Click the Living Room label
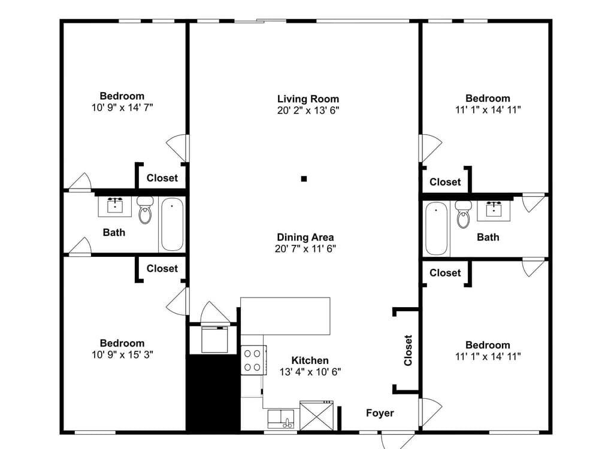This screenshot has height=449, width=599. [308, 99]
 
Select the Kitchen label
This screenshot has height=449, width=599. [310, 360]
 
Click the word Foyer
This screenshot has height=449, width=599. [380, 413]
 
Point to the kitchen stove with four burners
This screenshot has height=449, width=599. [253, 360]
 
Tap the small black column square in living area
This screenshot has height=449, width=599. [304, 178]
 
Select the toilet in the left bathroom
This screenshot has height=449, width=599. [145, 211]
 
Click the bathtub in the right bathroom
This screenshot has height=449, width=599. [436, 228]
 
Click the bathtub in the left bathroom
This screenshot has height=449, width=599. [171, 224]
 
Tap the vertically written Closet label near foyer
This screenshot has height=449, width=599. [408, 350]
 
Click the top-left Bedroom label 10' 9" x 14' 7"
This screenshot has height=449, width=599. [122, 96]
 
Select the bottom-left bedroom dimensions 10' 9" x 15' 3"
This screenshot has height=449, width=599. [122, 354]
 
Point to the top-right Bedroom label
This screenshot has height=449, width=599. [488, 98]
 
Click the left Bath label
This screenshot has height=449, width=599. [114, 232]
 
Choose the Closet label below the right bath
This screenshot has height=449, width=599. [445, 272]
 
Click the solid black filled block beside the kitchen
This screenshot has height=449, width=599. [213, 392]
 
